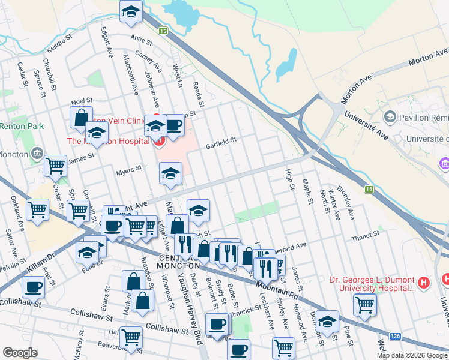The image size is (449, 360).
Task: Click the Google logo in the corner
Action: pyautogui.click(x=20, y=353)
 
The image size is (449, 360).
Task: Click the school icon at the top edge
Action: pyautogui.click(x=130, y=12)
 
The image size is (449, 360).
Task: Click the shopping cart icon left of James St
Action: pyautogui.click(x=55, y=165)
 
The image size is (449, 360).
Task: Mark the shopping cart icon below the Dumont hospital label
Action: pyautogui.click(x=365, y=304)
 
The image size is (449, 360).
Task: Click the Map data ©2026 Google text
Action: pyautogui.click(x=412, y=355)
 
